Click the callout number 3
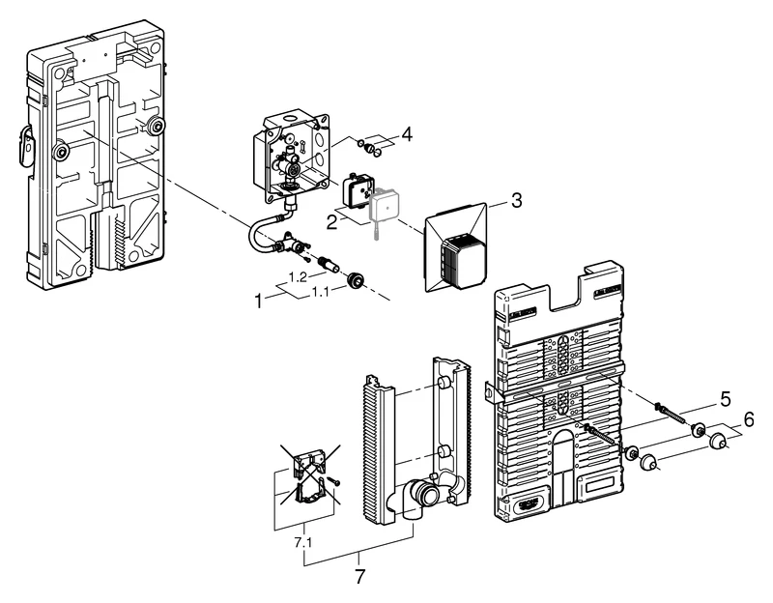517,201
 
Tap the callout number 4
406,135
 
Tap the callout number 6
749,420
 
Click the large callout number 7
360,576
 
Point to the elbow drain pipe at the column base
419,495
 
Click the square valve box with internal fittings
285,159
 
